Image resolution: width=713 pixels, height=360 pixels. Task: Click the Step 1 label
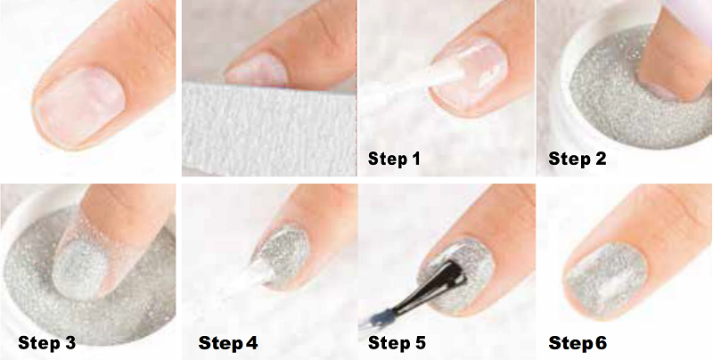[394, 159]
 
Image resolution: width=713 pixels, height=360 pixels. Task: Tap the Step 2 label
[577, 159]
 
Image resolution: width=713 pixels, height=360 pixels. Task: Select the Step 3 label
[47, 343]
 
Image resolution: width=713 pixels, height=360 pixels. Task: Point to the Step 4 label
[228, 343]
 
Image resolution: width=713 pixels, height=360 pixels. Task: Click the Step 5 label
[397, 343]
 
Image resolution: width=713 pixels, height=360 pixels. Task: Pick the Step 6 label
[578, 343]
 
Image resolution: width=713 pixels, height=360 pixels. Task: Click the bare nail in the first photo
[80, 107]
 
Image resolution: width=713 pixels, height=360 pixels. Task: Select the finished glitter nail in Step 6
[605, 282]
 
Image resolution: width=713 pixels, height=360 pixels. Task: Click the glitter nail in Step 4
[282, 258]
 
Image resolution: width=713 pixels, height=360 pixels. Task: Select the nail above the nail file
[258, 70]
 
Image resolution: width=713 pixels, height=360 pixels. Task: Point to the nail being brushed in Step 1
[469, 74]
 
